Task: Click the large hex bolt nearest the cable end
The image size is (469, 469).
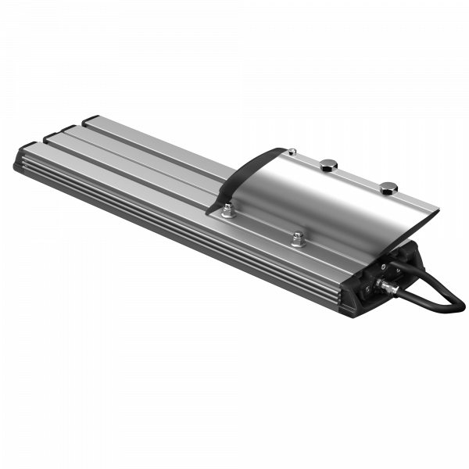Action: [388, 187]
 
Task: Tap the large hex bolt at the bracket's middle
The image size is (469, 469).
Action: [328, 164]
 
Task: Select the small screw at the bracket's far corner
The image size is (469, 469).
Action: [291, 151]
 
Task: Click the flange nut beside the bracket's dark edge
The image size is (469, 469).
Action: [227, 209]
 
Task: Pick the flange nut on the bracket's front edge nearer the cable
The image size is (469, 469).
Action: [297, 238]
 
